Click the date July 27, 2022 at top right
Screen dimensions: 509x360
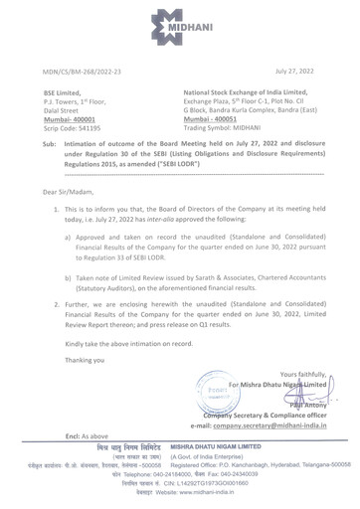coord(304,72)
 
